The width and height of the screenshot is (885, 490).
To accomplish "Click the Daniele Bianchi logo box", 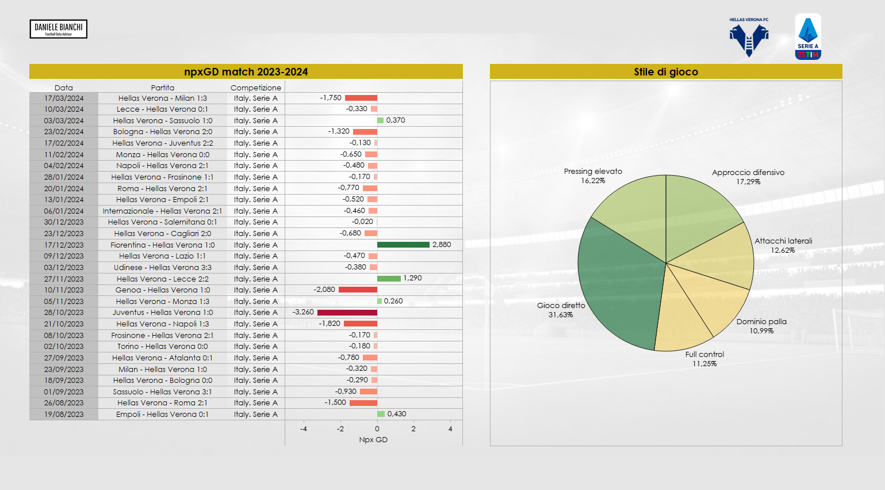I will [58, 29].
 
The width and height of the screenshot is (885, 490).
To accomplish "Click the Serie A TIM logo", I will [808, 37].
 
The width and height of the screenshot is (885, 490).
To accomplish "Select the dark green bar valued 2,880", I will [403, 245].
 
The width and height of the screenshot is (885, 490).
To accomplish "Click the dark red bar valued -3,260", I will [347, 313].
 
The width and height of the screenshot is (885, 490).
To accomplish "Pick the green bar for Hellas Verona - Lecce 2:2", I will [389, 279].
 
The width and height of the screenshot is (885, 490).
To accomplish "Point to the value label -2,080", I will [324, 290].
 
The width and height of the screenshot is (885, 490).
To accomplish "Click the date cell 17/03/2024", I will [64, 98].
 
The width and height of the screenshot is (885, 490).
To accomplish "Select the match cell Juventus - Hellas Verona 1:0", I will [163, 313].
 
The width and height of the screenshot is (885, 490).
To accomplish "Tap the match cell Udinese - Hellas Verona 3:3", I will [163, 268].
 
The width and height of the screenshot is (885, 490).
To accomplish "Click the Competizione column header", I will [256, 88].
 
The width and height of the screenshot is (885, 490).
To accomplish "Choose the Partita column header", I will [163, 88].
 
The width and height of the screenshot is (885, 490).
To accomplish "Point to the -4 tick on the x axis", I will [304, 429].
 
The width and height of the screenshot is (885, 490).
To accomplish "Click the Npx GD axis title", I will [373, 440].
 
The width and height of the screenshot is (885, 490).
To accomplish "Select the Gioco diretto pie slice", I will [615, 282].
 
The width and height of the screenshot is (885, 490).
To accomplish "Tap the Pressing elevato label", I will [593, 172].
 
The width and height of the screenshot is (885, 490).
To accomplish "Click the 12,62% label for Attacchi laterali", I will [783, 250].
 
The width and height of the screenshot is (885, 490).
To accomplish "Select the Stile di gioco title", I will [666, 72].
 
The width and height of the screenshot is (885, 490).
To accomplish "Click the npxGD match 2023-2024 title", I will [246, 72].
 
